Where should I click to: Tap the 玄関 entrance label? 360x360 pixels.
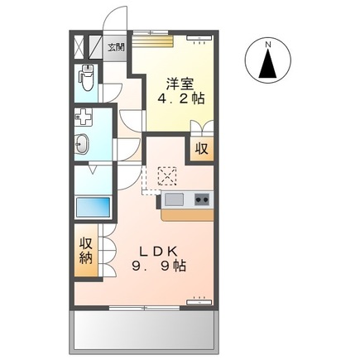116,47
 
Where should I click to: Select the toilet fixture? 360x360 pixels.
86,79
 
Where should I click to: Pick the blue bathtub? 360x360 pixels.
92,206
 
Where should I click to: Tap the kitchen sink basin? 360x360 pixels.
174,199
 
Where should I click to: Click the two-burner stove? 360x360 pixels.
202,199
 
